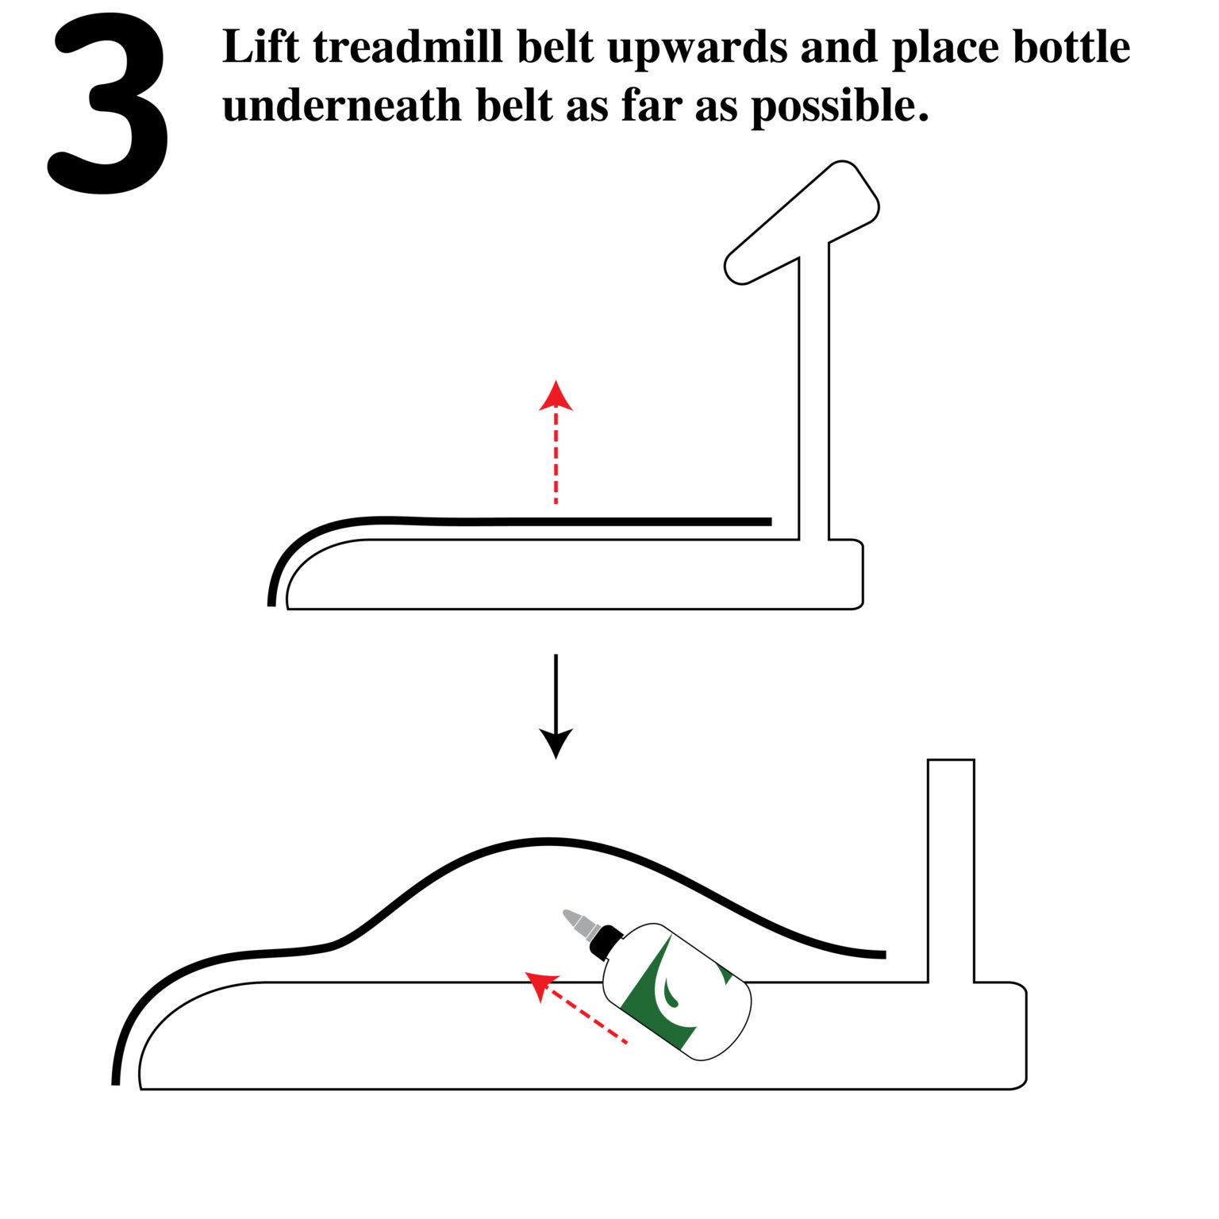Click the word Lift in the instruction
click(261, 48)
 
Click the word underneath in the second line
click(341, 106)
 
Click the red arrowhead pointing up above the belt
click(556, 396)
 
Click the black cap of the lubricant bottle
click(606, 941)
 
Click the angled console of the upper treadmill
click(802, 222)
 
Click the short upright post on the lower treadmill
click(951, 869)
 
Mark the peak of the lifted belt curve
click(548, 840)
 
